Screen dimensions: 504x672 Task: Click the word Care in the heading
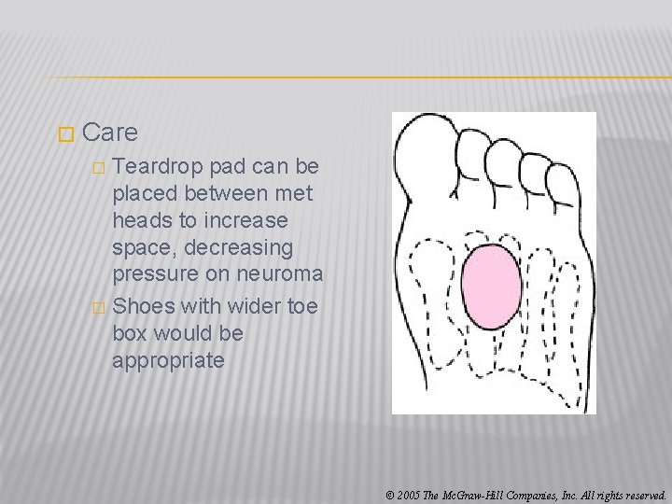point(109,133)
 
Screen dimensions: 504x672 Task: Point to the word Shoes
point(144,306)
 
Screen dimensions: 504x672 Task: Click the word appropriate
point(168,360)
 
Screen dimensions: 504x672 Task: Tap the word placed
point(145,193)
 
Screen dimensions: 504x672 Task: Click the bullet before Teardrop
point(100,168)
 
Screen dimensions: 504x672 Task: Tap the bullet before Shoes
point(100,308)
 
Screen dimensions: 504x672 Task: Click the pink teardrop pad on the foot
point(491,286)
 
